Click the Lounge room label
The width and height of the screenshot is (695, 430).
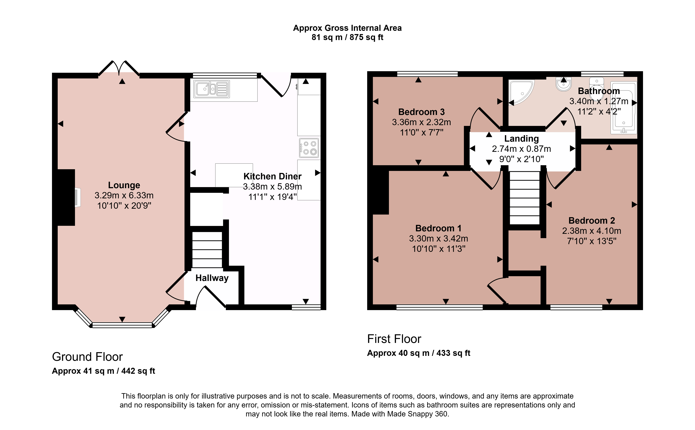[x=124, y=185]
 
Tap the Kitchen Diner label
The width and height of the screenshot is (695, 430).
[x=272, y=176]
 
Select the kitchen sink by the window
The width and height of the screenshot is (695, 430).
[x=212, y=89]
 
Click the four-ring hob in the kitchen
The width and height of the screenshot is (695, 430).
[x=309, y=148]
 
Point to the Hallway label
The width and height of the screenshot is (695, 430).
[x=212, y=278]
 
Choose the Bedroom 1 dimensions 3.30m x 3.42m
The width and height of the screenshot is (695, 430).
[x=439, y=238]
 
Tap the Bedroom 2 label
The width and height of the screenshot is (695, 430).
[x=592, y=220]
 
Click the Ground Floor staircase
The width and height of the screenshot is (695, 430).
[x=207, y=249]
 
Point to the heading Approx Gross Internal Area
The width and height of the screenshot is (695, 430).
[x=347, y=28]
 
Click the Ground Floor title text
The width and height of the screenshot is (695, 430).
[x=87, y=357]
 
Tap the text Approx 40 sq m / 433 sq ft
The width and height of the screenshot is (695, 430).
[x=419, y=353]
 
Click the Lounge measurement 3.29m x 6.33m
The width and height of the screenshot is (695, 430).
[x=124, y=195]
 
